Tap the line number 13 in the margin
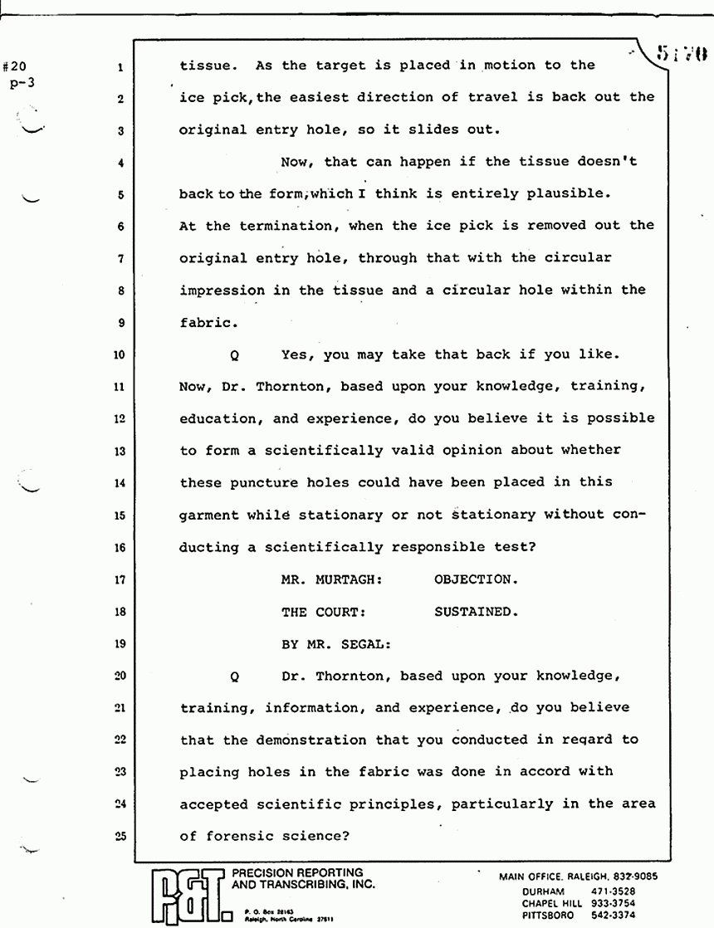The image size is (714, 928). click(x=120, y=452)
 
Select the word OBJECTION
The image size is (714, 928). click(x=472, y=580)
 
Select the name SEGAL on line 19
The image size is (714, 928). click(x=361, y=644)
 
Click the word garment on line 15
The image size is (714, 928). click(x=209, y=515)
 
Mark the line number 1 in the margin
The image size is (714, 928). click(x=121, y=66)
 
